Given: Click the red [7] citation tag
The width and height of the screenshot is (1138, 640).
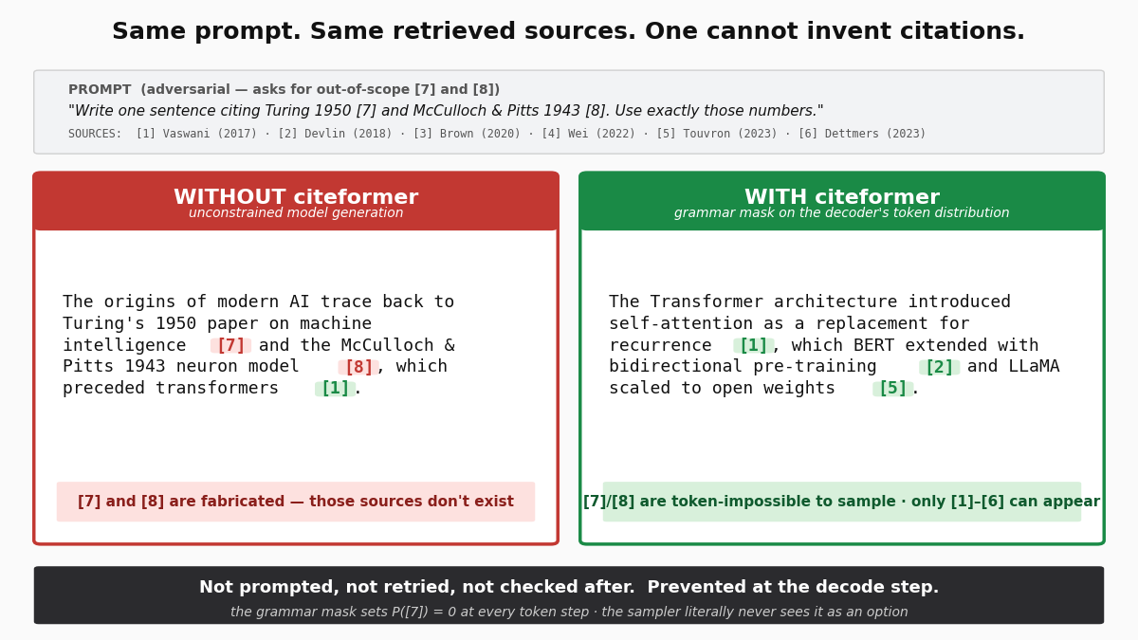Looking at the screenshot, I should point(230,346).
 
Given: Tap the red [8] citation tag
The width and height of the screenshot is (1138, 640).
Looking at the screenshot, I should point(358,368).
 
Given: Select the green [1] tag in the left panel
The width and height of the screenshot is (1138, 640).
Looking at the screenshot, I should point(335,389).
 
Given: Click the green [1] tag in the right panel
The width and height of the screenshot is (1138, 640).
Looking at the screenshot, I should point(753,346).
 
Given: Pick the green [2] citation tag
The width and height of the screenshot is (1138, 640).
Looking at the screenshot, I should point(939,368).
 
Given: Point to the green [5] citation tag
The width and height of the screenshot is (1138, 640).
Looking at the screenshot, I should point(892,389).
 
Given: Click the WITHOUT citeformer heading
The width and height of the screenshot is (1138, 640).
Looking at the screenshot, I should point(296,197).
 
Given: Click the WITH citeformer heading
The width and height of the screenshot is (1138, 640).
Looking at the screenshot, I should point(842,197).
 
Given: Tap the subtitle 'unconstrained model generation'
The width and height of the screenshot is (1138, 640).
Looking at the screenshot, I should point(296,213).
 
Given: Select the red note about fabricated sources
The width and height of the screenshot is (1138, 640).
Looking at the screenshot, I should point(296,502).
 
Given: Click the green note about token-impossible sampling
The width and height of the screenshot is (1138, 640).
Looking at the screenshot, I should point(842,502).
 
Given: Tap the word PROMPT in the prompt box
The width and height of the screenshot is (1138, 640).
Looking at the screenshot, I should point(100,90).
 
